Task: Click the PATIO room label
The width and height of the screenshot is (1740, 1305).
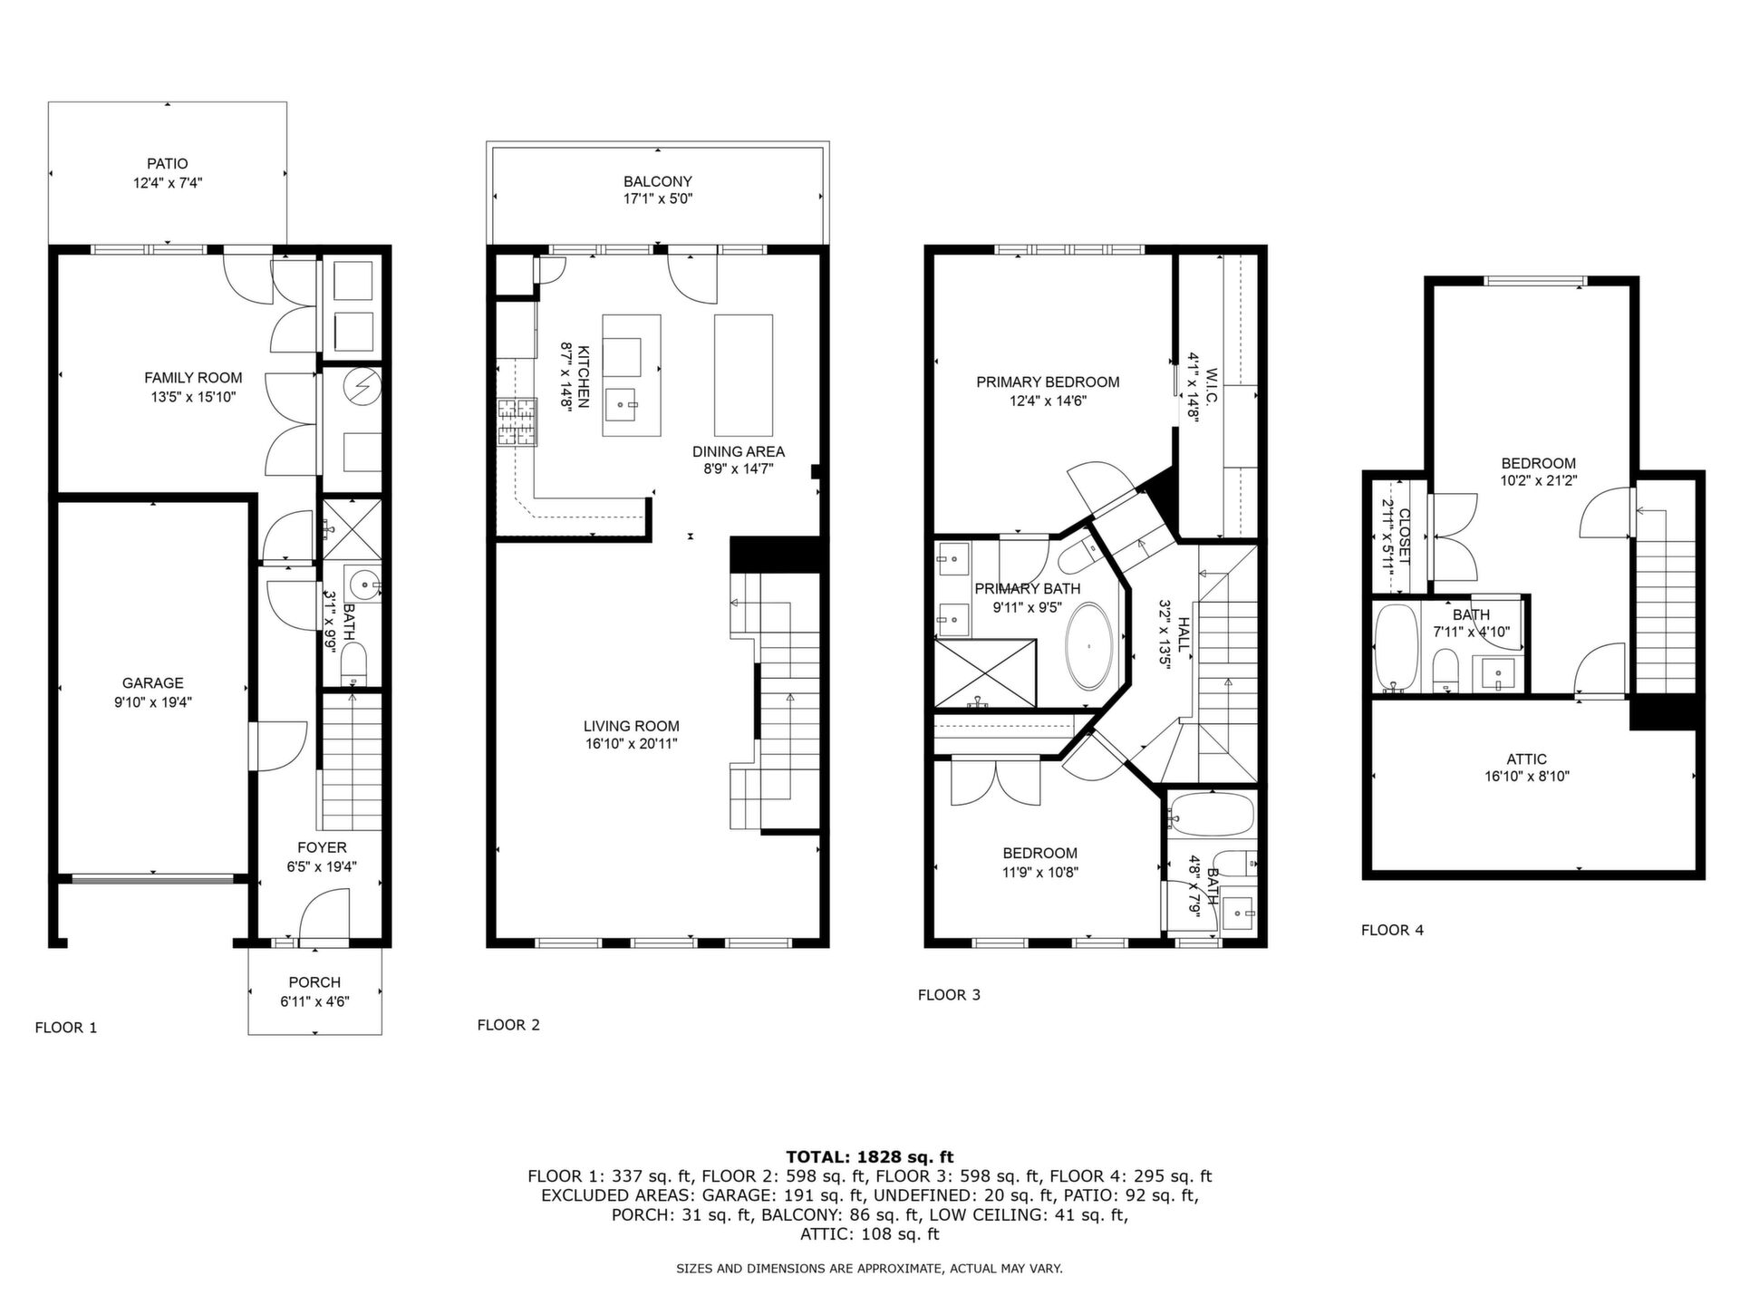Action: [168, 164]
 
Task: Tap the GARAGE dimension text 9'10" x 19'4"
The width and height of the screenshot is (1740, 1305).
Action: [153, 702]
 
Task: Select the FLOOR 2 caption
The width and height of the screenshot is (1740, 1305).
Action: [508, 1025]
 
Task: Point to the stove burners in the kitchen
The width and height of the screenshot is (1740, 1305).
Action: [517, 422]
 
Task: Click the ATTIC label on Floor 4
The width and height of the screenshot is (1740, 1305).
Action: [1527, 759]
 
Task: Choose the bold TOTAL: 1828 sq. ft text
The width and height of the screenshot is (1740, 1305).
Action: [870, 1156]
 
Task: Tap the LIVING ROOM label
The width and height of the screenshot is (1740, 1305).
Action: [632, 726]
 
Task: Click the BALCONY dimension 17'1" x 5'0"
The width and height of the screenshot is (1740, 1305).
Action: [658, 199]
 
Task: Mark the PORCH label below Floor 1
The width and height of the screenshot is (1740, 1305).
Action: [314, 982]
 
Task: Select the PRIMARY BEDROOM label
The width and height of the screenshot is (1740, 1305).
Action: [1048, 382]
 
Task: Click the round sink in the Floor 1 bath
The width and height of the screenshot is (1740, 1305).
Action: [365, 585]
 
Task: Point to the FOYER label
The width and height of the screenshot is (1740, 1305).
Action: [322, 847]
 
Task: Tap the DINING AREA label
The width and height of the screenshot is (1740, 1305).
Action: [739, 451]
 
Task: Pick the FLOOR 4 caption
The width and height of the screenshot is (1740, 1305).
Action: [1392, 930]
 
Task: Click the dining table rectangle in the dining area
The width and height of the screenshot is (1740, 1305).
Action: [744, 375]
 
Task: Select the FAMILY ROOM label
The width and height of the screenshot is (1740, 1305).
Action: [193, 378]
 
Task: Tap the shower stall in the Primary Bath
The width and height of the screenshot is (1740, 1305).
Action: [985, 672]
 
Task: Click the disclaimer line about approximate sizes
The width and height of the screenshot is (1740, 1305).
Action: [870, 1269]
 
